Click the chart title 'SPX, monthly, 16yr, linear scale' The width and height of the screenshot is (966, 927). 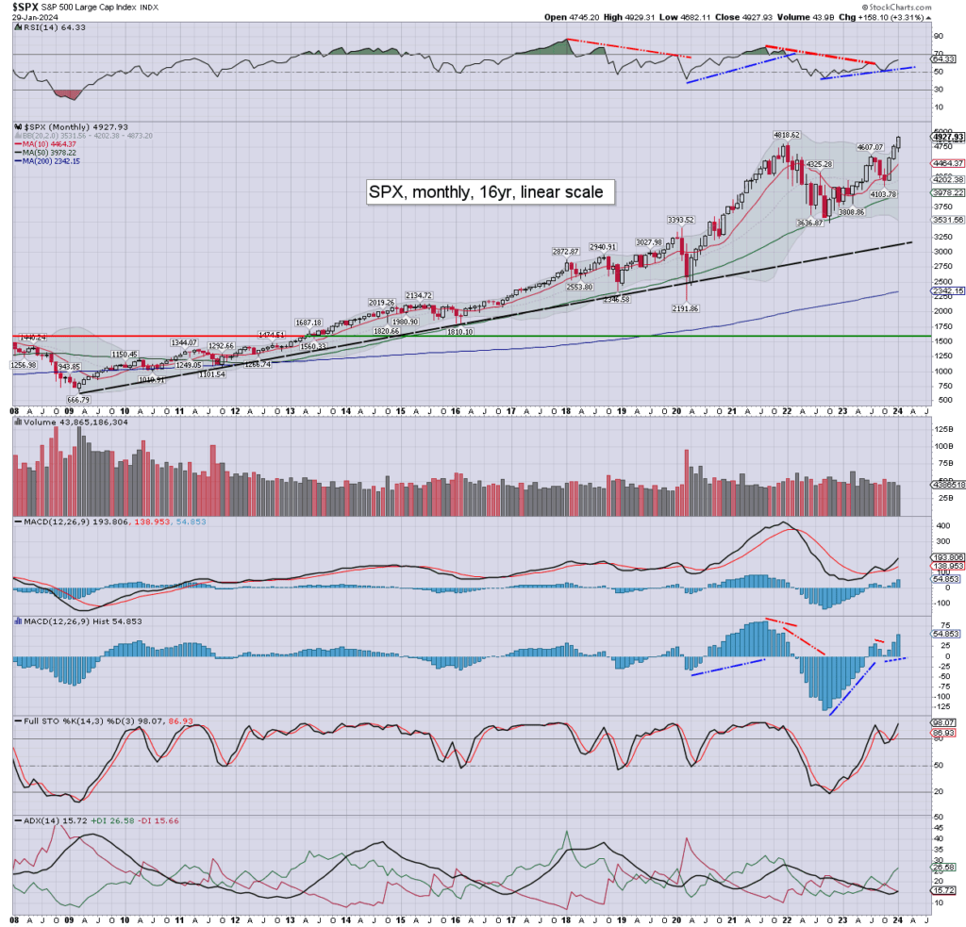point(491,192)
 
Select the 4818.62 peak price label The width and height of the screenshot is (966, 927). point(786,136)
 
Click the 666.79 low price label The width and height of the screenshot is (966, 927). point(79,400)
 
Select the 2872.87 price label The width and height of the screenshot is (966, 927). point(570,252)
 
